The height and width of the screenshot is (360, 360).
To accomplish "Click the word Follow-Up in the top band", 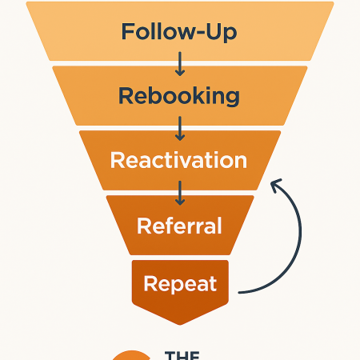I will (179, 33).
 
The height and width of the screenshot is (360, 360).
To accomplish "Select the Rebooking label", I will (179, 96).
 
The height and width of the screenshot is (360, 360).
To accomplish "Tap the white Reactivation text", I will (179, 160).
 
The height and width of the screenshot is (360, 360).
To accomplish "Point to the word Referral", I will (179, 225).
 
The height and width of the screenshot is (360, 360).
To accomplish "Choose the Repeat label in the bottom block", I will (179, 283).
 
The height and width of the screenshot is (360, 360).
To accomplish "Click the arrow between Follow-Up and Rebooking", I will (180, 64).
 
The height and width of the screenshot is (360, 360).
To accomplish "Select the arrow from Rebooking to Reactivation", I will (180, 128).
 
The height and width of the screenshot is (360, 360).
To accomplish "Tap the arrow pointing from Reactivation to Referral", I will (180, 192).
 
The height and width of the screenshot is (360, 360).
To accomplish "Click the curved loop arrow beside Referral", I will (298, 236).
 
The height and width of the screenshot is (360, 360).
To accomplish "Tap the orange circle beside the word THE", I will (130, 355).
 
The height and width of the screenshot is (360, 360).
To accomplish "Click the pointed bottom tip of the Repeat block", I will (180, 323).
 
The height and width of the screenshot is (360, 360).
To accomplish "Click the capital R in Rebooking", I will (126, 96).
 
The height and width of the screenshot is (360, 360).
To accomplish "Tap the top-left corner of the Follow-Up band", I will (28, 3).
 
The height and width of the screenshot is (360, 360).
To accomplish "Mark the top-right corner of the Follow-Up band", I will (332, 3).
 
